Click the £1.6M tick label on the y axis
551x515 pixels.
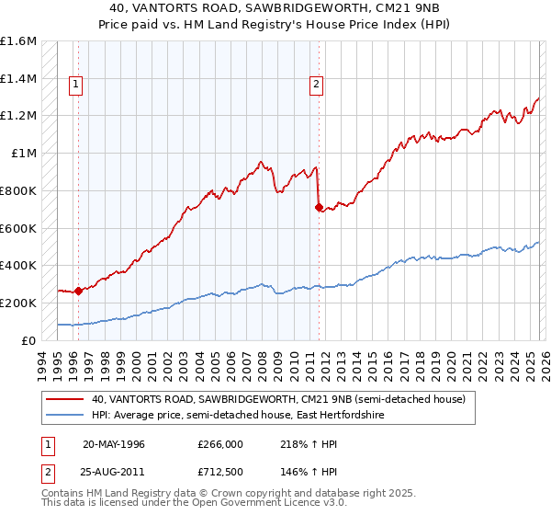[18, 41]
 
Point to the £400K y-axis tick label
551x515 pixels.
[18, 265]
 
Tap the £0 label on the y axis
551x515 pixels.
[29, 339]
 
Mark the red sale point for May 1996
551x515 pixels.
[79, 291]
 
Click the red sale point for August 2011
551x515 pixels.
[319, 208]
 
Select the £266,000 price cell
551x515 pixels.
[219, 443]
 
